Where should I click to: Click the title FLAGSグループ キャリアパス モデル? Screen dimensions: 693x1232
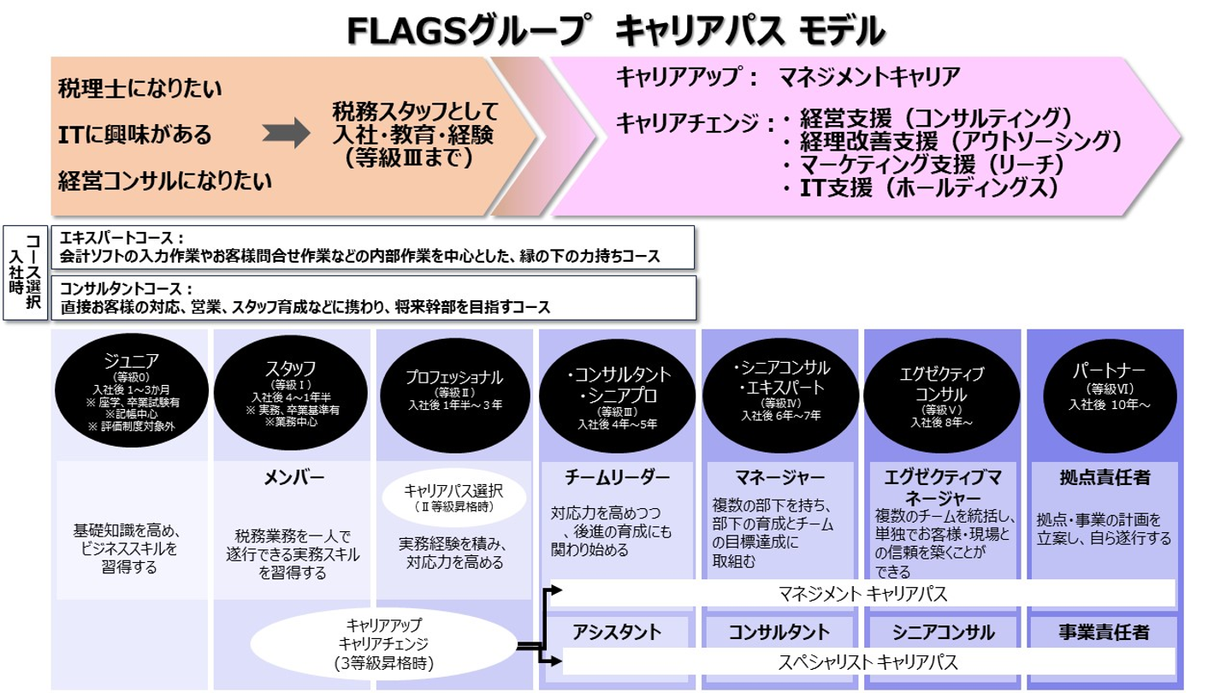(615, 32)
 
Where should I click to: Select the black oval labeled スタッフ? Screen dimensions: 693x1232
(293, 389)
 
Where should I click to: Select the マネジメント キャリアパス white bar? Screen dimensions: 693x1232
(864, 593)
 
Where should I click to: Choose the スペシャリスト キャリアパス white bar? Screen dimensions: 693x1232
(867, 661)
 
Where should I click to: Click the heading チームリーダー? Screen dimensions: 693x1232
(617, 477)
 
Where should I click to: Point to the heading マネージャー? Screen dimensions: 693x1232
(779, 477)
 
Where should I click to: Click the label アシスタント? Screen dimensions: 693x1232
(617, 632)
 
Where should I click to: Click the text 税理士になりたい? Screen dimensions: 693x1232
(140, 88)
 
